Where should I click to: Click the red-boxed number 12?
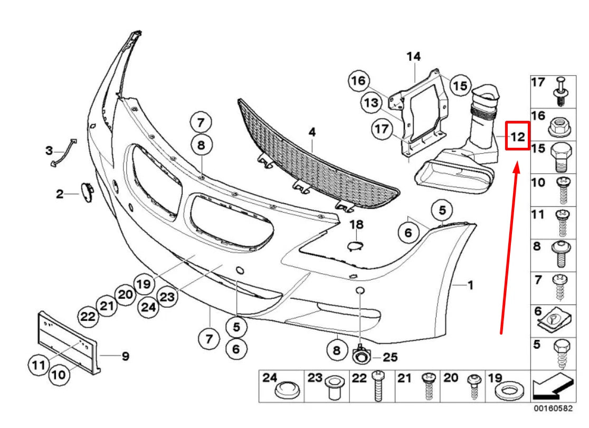click(517, 137)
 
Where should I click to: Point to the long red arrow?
click(509, 248)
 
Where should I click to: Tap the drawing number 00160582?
click(553, 408)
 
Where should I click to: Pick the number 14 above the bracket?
click(413, 56)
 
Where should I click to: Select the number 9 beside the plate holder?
click(125, 356)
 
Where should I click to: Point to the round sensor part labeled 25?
click(360, 356)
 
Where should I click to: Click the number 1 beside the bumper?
click(469, 286)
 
